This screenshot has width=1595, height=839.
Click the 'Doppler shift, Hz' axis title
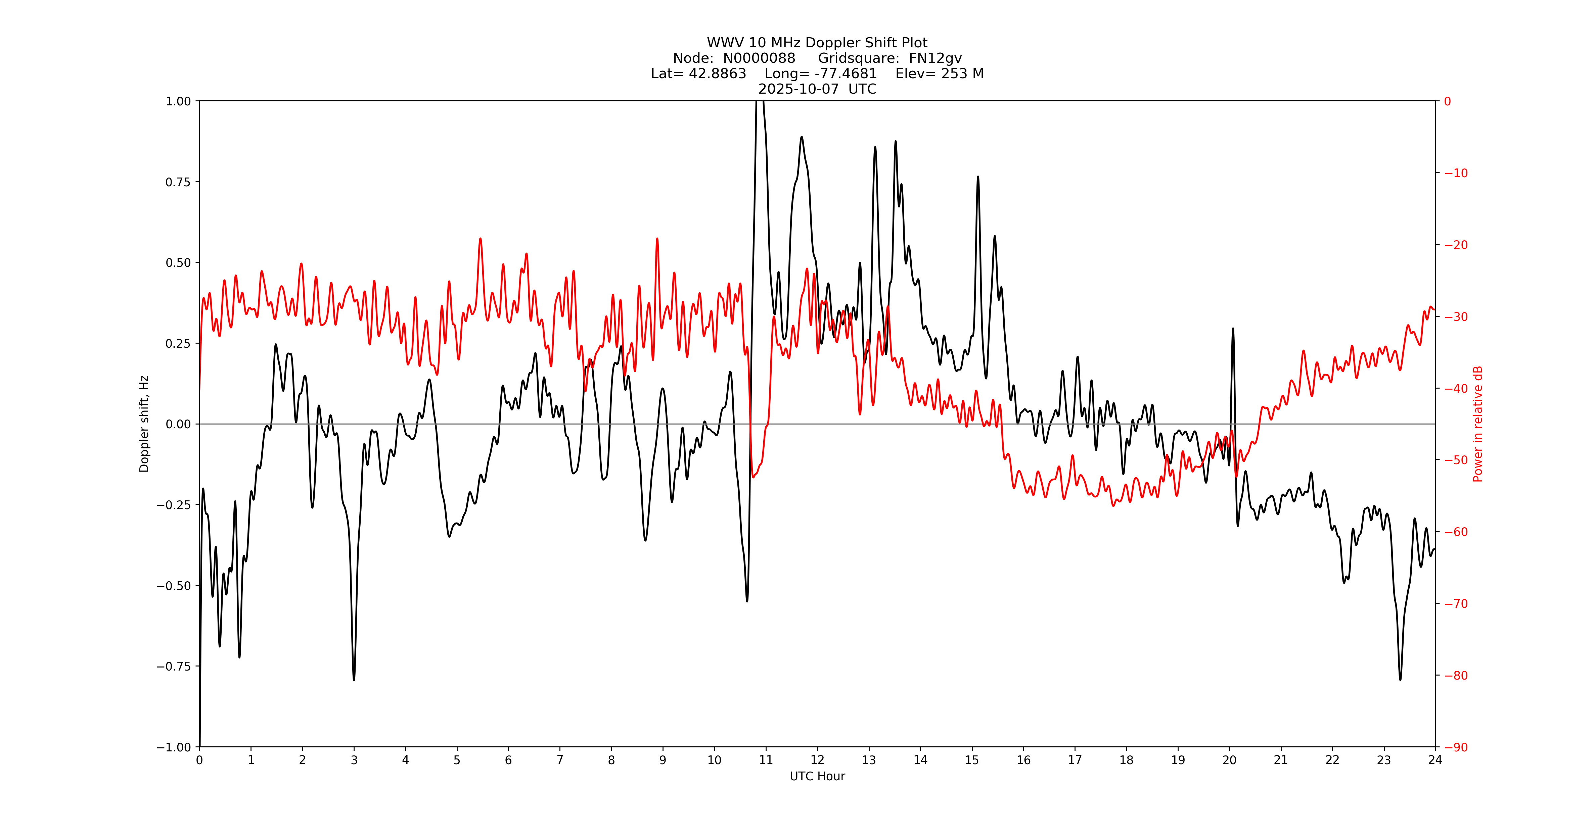click(144, 424)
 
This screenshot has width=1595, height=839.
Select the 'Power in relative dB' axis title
click(1478, 424)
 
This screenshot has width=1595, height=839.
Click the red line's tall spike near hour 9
click(657, 239)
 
